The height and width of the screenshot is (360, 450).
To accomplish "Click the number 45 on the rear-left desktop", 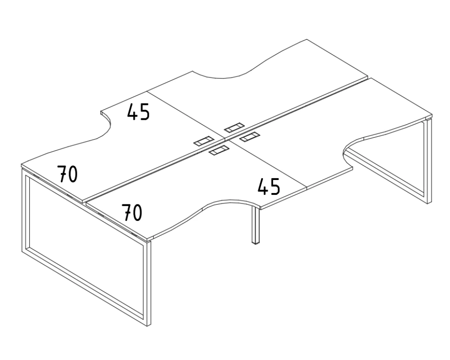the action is (x=138, y=112).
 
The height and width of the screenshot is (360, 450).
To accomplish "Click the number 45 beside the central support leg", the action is (x=269, y=186).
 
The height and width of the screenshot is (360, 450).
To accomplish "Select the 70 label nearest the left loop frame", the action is (x=67, y=174).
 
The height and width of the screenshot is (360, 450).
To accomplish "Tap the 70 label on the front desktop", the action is (x=132, y=212).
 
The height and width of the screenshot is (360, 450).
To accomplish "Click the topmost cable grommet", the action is (x=234, y=127).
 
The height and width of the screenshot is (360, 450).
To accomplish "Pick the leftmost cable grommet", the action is (x=203, y=141).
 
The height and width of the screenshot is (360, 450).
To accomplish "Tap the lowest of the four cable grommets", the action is (x=219, y=150).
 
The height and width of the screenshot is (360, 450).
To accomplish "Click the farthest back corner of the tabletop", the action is (x=307, y=40).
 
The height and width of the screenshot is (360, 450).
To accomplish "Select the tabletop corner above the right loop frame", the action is (x=432, y=115).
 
